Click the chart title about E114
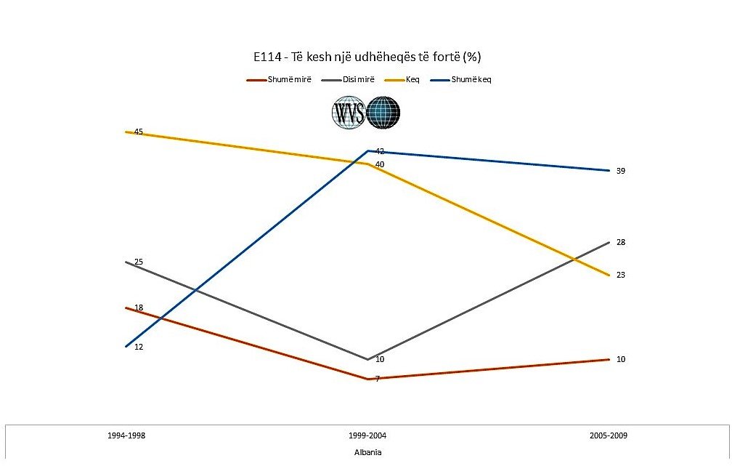click(x=365, y=57)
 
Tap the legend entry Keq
click(x=412, y=79)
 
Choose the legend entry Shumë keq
click(x=471, y=79)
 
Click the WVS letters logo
click(x=349, y=113)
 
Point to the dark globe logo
click(x=383, y=113)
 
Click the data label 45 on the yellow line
click(x=138, y=132)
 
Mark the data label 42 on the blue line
click(x=379, y=151)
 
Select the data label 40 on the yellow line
click(x=379, y=164)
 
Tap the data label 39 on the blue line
click(x=621, y=171)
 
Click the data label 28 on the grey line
click(x=621, y=242)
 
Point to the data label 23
click(x=621, y=275)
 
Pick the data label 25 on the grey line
click(x=139, y=262)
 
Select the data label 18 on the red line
click(x=139, y=308)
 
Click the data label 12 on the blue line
click(x=139, y=347)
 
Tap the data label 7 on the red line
click(x=377, y=379)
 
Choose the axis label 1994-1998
click(x=126, y=436)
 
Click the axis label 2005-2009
click(x=609, y=436)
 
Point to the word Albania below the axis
click(x=367, y=452)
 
